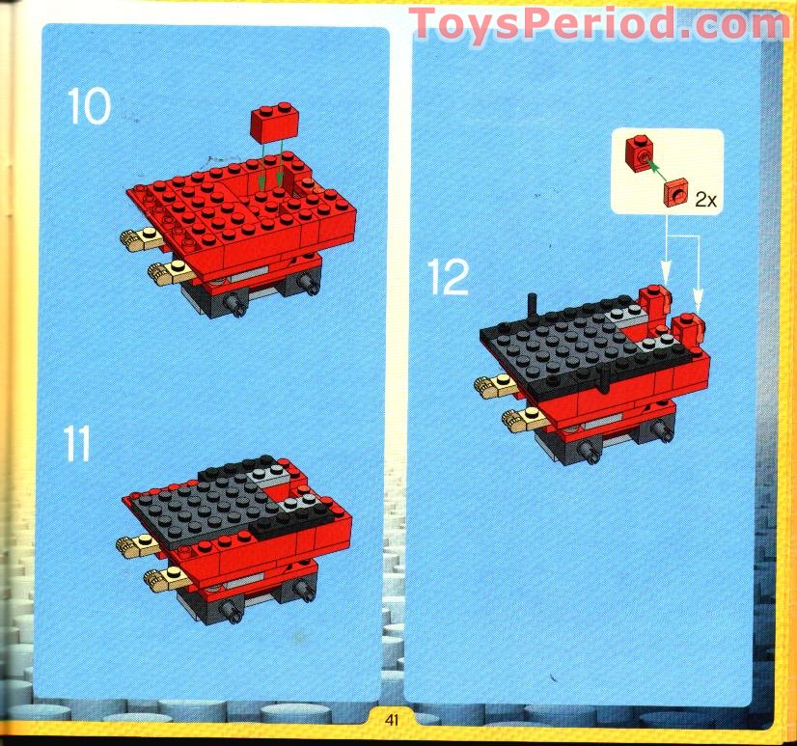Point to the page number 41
point(391,719)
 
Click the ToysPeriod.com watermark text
point(598,23)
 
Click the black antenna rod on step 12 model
point(532,309)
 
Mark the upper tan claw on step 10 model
point(139,238)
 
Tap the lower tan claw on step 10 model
point(165,272)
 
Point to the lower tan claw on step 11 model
point(165,578)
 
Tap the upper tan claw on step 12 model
point(494,386)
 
